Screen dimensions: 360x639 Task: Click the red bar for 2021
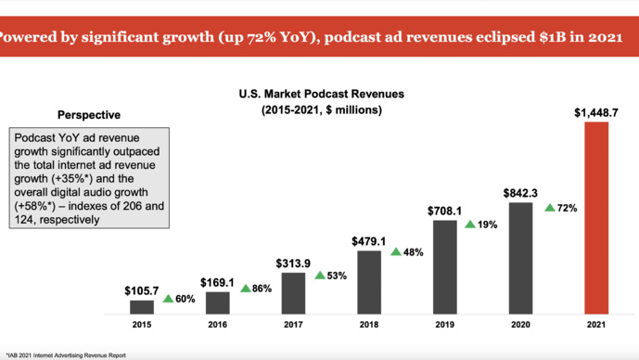pos(596,218)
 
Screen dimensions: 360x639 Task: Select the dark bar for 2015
pos(142,307)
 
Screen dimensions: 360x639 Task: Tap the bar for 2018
pos(369,282)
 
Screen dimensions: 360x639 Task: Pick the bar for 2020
pos(521,258)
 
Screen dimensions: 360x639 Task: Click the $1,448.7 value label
pos(595,113)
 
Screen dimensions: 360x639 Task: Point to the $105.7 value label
pos(141,289)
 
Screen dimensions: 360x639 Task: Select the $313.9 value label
pos(293,263)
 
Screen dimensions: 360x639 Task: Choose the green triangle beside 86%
pos(246,289)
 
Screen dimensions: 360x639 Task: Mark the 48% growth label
pos(413,252)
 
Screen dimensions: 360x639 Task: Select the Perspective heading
pos(89,116)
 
